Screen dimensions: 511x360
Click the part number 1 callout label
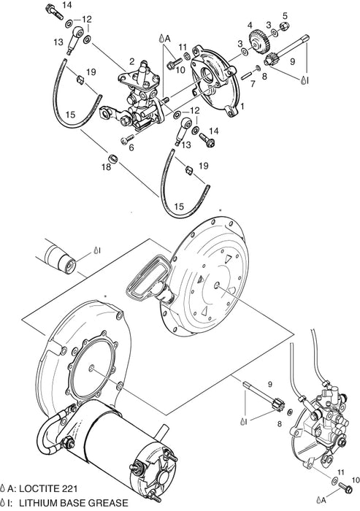[x=243, y=106]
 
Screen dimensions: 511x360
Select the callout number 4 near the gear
[x=250, y=25]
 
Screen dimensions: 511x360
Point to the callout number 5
[x=285, y=15]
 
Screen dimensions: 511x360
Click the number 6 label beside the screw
[x=131, y=147]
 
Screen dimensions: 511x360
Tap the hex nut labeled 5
[x=285, y=30]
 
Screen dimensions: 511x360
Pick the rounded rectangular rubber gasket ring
[x=146, y=280]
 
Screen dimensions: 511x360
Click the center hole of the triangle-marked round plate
[x=219, y=287]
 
